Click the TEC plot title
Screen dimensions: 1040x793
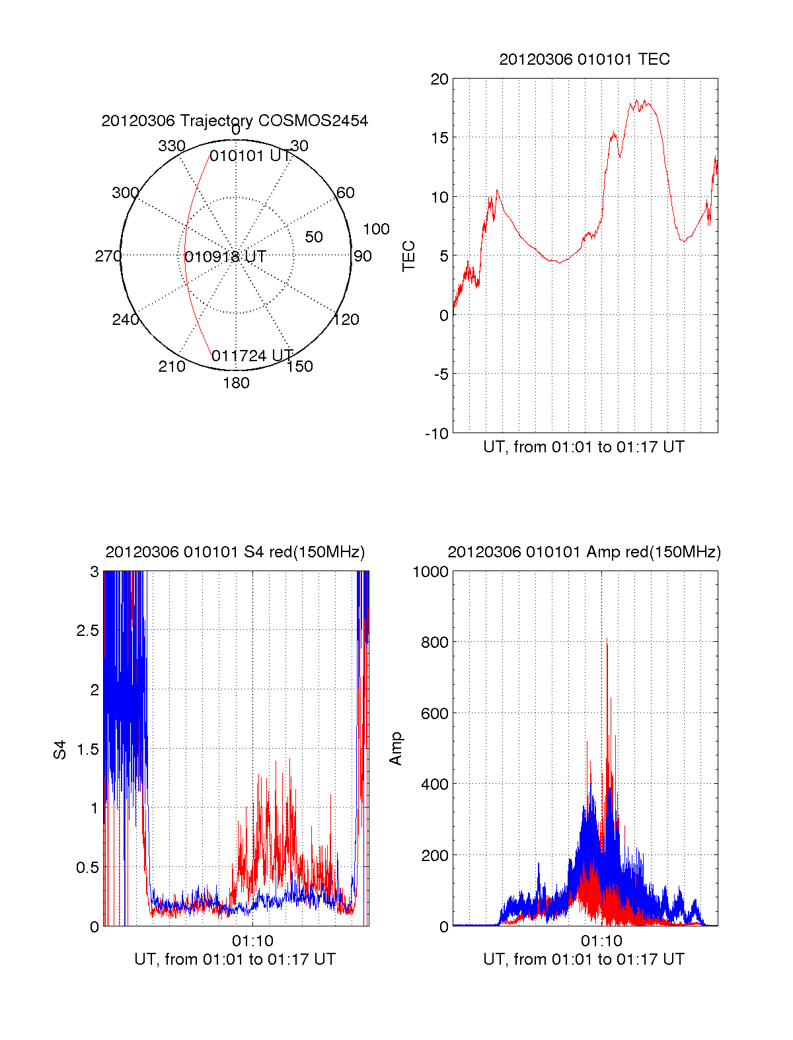pyautogui.click(x=584, y=59)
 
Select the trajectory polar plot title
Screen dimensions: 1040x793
pyautogui.click(x=235, y=121)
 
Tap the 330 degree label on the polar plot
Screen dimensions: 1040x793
pyautogui.click(x=172, y=146)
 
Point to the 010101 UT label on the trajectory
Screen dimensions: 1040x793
pyautogui.click(x=250, y=156)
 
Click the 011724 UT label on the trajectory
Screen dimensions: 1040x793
pyautogui.click(x=252, y=356)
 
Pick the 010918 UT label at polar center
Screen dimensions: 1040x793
pyautogui.click(x=225, y=257)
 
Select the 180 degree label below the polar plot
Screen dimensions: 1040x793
pyautogui.click(x=236, y=383)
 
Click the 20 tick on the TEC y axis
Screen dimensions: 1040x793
pyautogui.click(x=439, y=79)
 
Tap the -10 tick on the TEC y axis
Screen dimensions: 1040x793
pyautogui.click(x=437, y=434)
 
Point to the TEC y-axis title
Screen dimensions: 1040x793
pyautogui.click(x=409, y=256)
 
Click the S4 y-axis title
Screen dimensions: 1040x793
pyautogui.click(x=60, y=749)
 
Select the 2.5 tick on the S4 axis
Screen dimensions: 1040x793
pyautogui.click(x=87, y=631)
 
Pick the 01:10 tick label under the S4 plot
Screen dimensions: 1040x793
pyautogui.click(x=252, y=941)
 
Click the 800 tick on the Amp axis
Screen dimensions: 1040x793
pyautogui.click(x=434, y=642)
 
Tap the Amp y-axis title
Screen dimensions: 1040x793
pyautogui.click(x=396, y=749)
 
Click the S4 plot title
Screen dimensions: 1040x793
pyautogui.click(x=235, y=552)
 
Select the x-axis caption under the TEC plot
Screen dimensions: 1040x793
pyautogui.click(x=584, y=447)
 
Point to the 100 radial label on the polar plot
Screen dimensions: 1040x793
pyautogui.click(x=376, y=229)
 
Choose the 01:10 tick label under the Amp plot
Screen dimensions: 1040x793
pyautogui.click(x=601, y=941)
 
